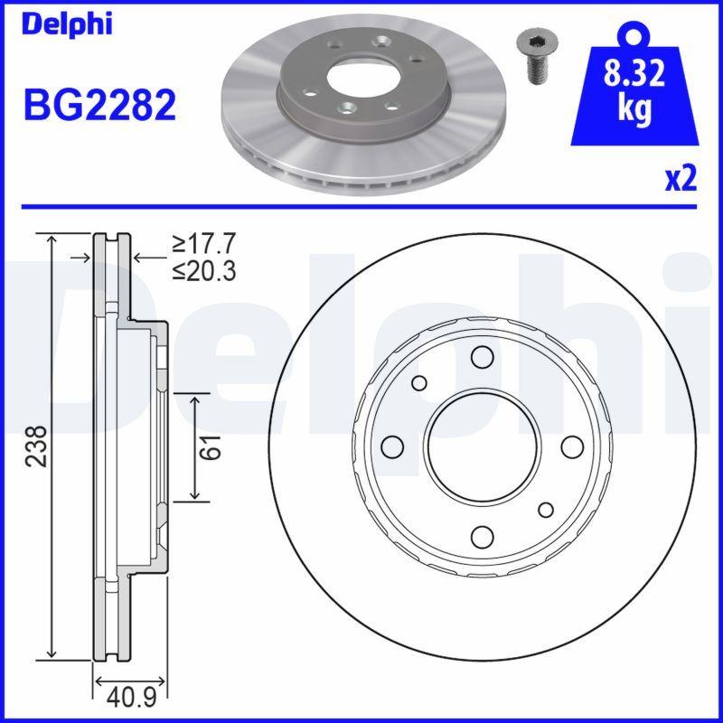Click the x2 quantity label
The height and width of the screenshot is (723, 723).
tap(681, 180)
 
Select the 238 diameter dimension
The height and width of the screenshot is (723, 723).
tap(35, 446)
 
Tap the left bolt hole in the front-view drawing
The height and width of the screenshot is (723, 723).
tap(392, 446)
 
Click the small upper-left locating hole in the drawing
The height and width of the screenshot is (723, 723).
tap(419, 383)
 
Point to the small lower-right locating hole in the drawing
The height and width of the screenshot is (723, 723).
tap(546, 510)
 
